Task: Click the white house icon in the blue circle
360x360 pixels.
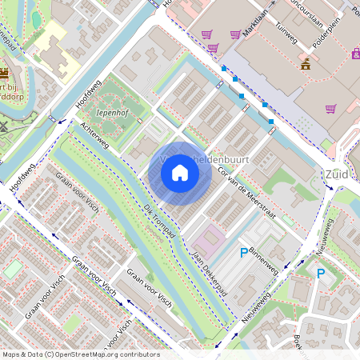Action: (180, 172)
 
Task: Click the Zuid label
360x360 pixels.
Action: (337, 174)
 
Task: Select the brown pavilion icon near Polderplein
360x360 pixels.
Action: (305, 65)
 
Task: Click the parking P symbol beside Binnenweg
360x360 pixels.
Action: (244, 253)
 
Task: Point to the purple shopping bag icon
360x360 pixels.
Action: (355, 54)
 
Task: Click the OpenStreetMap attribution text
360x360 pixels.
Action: (80, 354)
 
